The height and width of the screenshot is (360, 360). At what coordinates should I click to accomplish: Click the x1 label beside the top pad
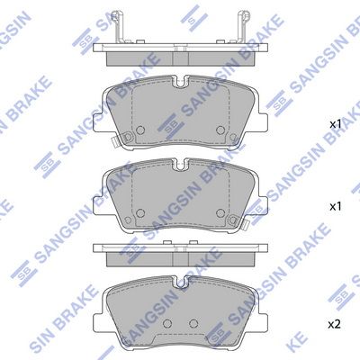[336, 125]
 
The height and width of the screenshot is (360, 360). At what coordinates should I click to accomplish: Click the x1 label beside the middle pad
[336, 206]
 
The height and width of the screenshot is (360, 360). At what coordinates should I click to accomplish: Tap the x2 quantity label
[335, 324]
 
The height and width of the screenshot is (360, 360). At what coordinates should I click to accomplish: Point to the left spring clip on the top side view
[118, 27]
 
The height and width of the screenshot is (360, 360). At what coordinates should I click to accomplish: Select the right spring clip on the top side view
[243, 27]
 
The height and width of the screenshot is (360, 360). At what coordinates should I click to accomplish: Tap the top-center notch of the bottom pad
[181, 283]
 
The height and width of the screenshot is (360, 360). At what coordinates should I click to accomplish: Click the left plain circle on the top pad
[140, 130]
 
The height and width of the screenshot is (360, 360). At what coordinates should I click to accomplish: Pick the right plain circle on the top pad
[220, 130]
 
